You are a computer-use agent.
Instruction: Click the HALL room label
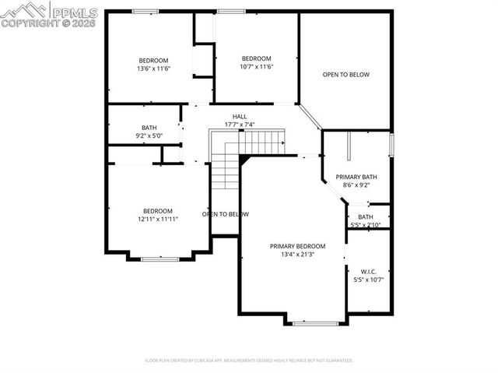tap(240, 117)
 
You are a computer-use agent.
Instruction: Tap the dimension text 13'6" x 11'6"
tap(153, 69)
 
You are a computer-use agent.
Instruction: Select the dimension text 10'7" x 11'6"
tap(255, 67)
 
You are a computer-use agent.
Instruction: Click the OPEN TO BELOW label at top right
tap(345, 75)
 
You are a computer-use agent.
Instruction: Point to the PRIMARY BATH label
tap(356, 177)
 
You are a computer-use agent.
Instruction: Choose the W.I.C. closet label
tap(369, 271)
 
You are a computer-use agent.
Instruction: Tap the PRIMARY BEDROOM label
tap(297, 246)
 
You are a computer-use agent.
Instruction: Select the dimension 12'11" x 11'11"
tap(157, 219)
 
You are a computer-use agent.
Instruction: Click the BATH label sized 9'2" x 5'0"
tap(149, 128)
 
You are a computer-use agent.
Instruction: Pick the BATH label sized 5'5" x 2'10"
tap(365, 217)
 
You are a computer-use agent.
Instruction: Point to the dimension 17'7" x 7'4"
tap(240, 125)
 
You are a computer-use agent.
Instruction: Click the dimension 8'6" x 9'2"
tap(356, 185)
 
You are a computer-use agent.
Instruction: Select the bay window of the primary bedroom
tap(314, 322)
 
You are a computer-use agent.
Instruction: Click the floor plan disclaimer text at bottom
tap(249, 361)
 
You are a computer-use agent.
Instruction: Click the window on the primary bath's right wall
tap(391, 145)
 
